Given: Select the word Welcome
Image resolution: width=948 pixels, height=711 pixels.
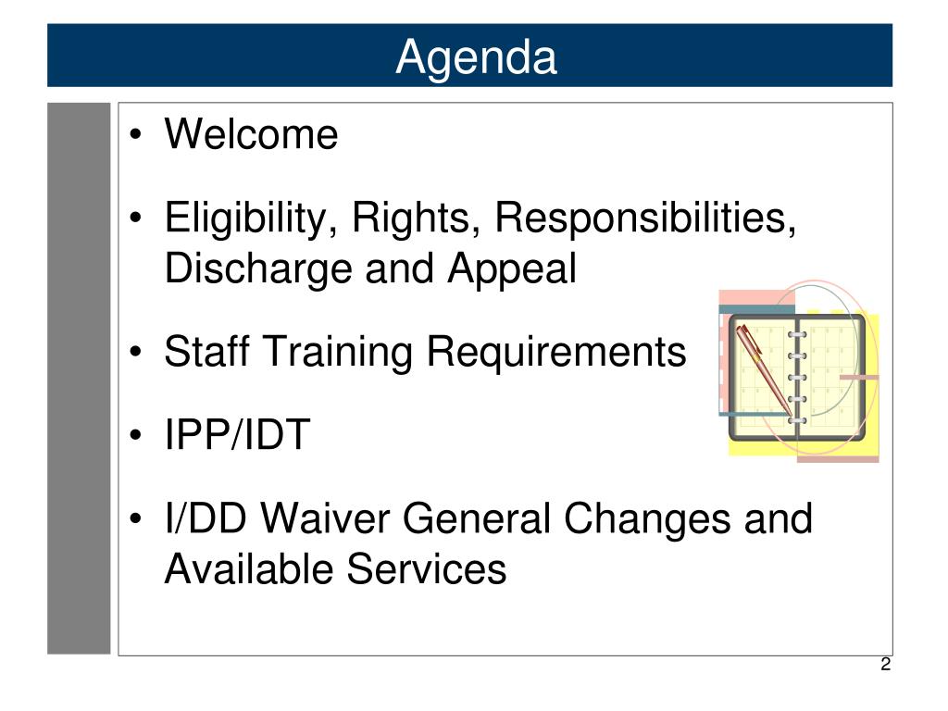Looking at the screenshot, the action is (x=252, y=133).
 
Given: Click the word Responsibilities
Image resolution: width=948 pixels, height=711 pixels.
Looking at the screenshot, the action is (x=645, y=218).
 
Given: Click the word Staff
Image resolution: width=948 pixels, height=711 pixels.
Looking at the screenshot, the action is (x=206, y=351).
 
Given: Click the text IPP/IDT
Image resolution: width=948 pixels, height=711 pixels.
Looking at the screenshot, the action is (x=238, y=434).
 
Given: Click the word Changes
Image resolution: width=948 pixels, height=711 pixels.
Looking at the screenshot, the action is (x=647, y=520).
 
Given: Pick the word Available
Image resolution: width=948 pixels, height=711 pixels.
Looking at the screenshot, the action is (x=249, y=569).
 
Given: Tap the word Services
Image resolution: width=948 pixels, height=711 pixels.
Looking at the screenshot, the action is (x=427, y=569).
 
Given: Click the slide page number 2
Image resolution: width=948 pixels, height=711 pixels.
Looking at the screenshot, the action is (x=886, y=665).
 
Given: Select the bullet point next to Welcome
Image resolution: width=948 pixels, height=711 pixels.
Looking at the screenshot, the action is (x=136, y=134).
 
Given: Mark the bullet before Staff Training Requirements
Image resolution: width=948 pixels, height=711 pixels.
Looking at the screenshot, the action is (x=136, y=352).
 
